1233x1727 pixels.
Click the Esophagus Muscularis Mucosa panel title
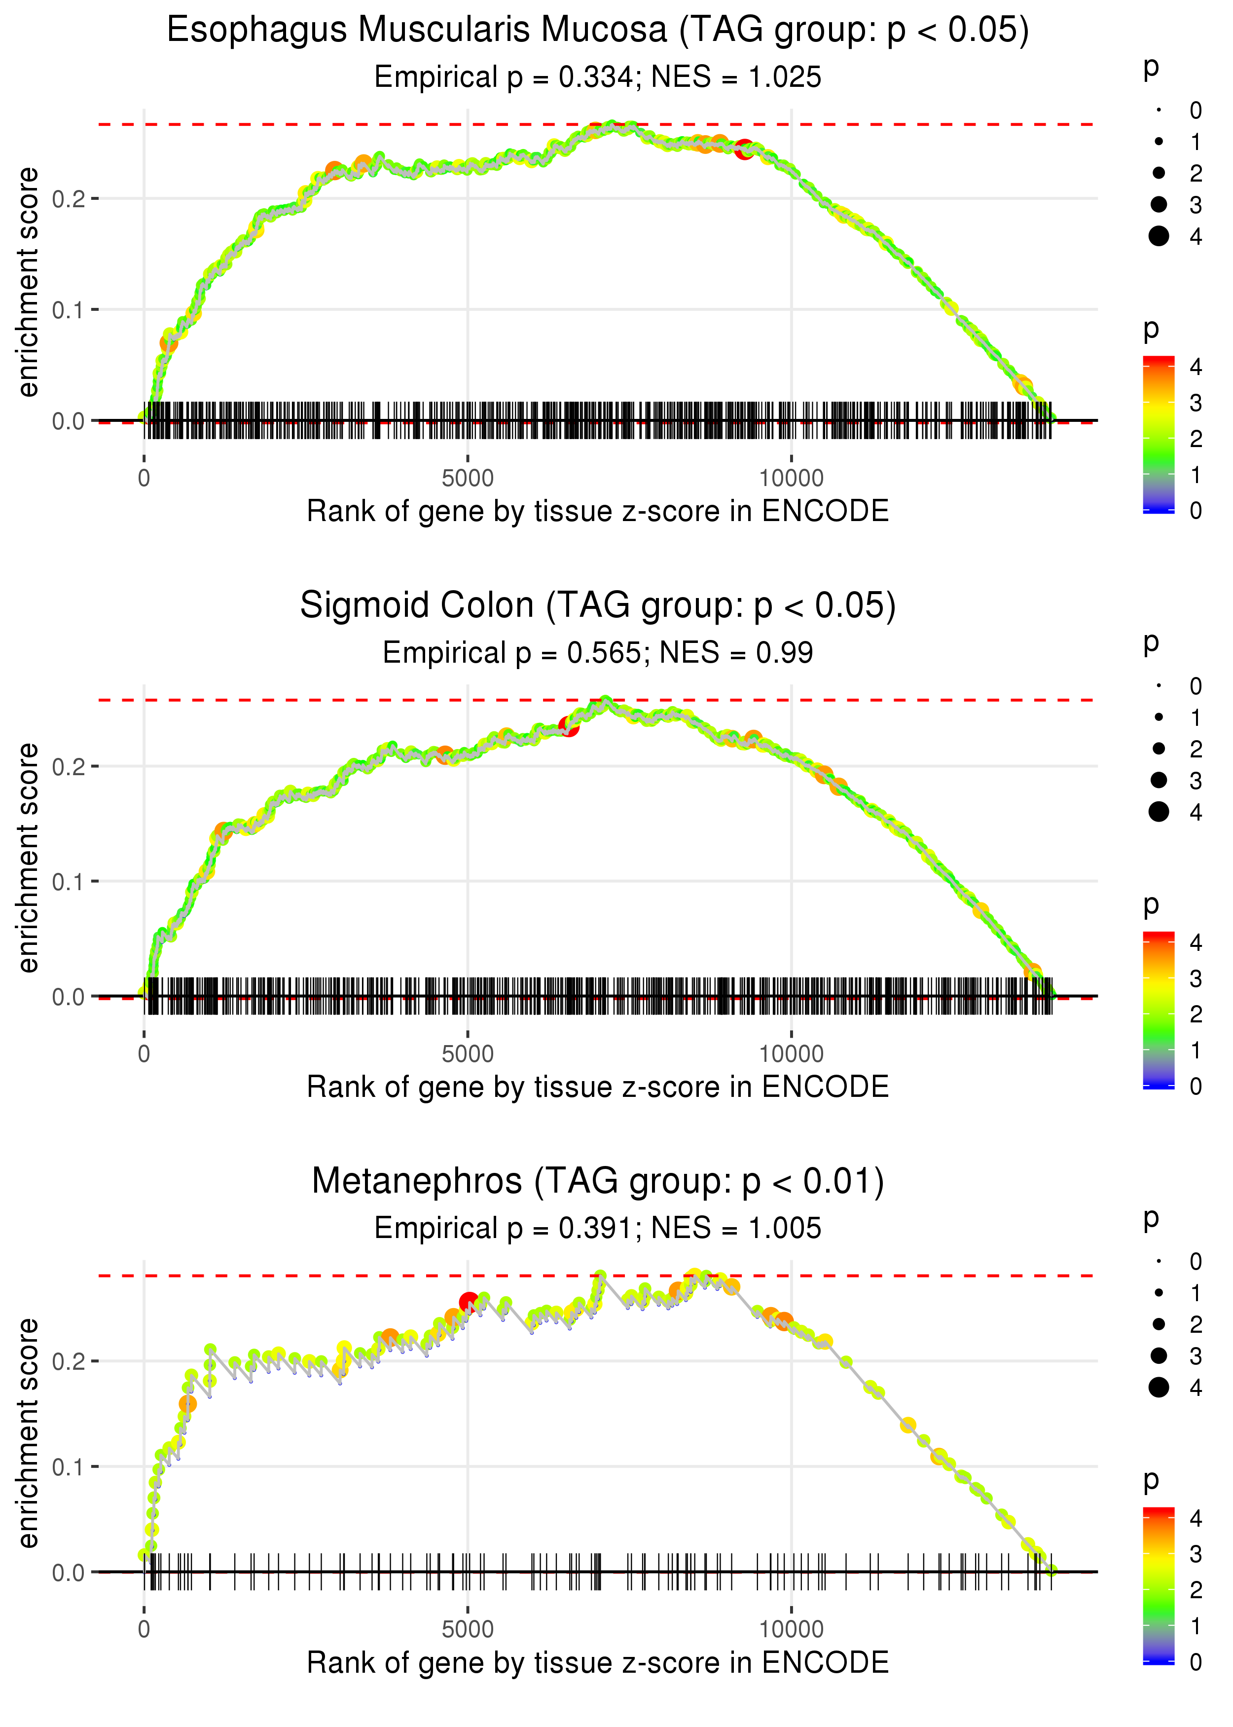[x=598, y=31]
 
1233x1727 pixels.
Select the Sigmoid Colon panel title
[x=598, y=606]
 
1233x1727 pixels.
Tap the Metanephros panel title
[x=598, y=1182]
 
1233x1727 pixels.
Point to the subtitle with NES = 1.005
[x=598, y=1229]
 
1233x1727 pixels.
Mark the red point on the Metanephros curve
[x=469, y=1303]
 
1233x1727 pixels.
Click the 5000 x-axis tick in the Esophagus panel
[x=468, y=479]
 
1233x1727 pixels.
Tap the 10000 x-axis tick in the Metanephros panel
[x=791, y=1630]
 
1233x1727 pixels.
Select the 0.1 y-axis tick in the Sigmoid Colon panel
[x=69, y=882]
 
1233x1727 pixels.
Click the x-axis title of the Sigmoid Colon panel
[x=598, y=1088]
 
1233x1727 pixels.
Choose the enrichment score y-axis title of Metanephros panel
[x=28, y=1434]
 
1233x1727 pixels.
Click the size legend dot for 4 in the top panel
[x=1159, y=236]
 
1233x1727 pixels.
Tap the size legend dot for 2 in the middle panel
[x=1159, y=749]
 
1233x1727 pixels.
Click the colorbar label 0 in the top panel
[x=1196, y=511]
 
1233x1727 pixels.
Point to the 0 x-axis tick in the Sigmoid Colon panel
[x=144, y=1054]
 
